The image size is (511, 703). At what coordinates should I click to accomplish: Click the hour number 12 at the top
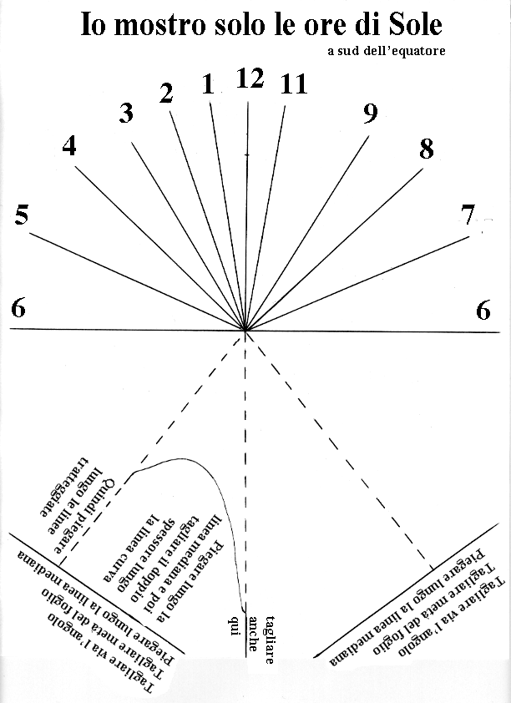250,79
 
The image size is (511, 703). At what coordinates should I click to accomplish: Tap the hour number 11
294,85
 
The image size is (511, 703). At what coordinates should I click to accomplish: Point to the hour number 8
427,150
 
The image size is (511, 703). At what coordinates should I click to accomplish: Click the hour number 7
468,216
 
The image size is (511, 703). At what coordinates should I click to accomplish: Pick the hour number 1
208,83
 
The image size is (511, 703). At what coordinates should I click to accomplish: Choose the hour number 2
166,94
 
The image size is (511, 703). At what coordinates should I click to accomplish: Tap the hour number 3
126,114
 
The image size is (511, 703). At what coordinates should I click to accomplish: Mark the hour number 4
69,146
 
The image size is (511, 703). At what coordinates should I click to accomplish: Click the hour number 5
23,216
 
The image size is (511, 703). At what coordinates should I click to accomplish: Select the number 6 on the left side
18,309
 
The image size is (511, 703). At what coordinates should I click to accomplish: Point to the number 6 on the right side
483,311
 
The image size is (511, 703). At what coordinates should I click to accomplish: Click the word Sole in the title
410,25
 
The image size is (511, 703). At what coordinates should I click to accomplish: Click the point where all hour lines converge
245,331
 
